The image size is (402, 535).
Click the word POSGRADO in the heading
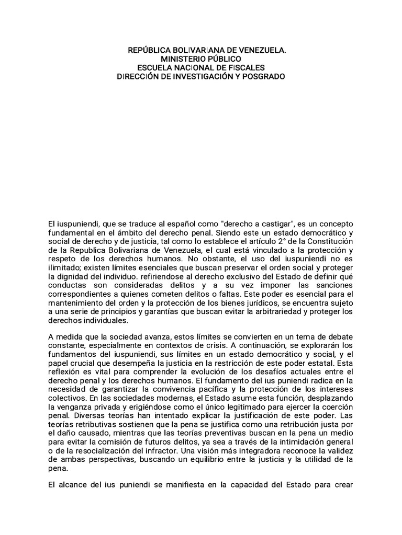(x=263, y=76)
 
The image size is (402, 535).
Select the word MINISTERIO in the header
(x=183, y=60)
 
